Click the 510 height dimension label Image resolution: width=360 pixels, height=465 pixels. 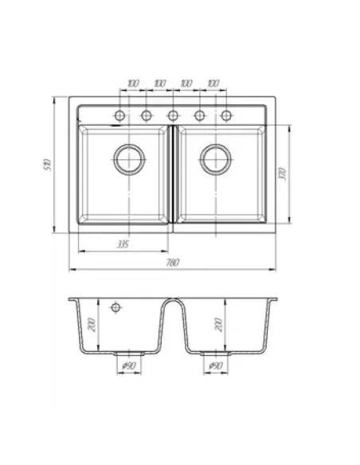[x=48, y=165]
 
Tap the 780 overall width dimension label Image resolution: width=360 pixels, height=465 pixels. [x=173, y=263]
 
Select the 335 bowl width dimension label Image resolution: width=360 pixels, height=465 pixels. [x=123, y=244]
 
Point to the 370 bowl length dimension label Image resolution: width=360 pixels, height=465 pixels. [x=282, y=174]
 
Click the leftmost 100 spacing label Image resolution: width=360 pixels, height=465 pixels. [x=133, y=84]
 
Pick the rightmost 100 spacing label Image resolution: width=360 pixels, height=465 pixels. [x=213, y=84]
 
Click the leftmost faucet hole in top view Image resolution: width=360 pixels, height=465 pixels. [x=119, y=115]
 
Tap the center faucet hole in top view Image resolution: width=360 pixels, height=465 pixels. [x=173, y=115]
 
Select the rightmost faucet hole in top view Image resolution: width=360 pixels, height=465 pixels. [x=226, y=115]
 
